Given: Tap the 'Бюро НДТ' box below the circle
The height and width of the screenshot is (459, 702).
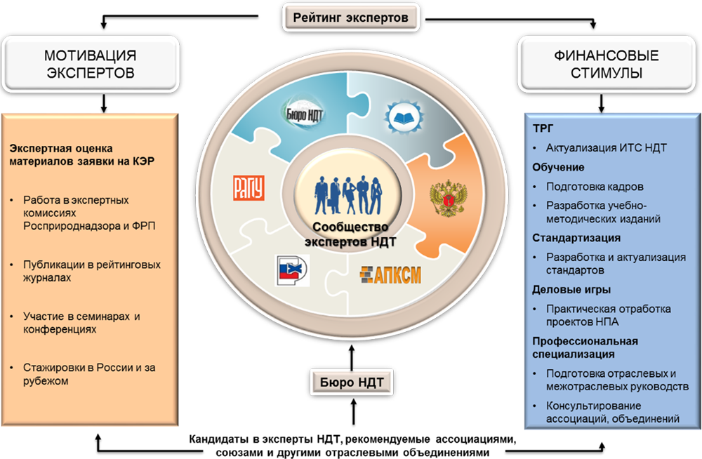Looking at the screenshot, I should (x=351, y=383).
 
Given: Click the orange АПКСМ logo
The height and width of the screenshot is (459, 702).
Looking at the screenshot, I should (x=390, y=274).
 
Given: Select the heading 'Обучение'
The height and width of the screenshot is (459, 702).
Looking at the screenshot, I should (x=558, y=168).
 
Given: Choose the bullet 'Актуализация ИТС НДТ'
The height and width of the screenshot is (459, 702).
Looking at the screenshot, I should (x=606, y=148).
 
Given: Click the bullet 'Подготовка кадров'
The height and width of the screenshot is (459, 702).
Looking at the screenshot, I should (x=594, y=187).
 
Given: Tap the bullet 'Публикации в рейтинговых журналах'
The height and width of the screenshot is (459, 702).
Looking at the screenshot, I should (x=91, y=271).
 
